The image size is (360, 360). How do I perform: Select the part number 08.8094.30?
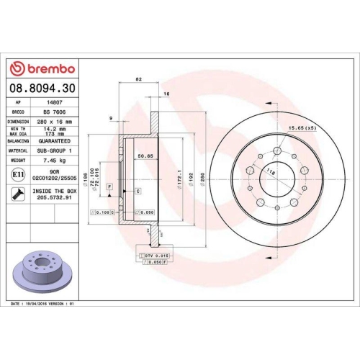(x=42, y=88)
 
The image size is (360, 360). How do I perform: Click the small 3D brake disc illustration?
(x=43, y=266)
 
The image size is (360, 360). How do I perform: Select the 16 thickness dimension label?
(x=167, y=95)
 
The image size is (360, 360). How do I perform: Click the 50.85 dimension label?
(x=147, y=155)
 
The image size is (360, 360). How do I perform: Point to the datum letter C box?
(x=138, y=190)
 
